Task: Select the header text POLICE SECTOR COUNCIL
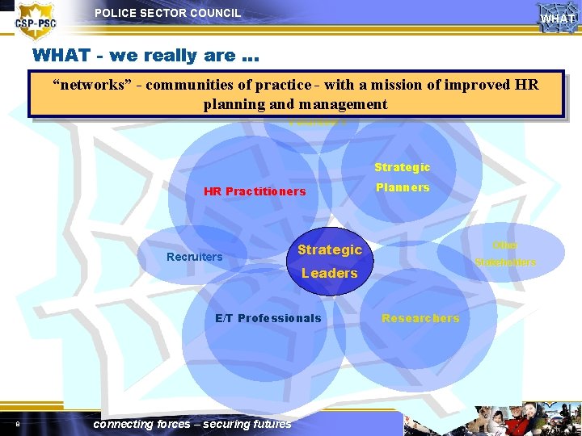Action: [167, 13]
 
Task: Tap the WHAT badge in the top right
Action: [558, 17]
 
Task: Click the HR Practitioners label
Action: [255, 191]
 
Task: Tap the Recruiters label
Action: [194, 257]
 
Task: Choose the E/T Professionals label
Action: [268, 318]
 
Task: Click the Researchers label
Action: [420, 318]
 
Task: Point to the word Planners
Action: [402, 187]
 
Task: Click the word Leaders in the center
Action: [329, 273]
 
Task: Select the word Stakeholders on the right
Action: [505, 262]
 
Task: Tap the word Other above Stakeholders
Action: [505, 245]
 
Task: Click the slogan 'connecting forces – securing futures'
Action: [192, 424]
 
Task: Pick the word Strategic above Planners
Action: [402, 167]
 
